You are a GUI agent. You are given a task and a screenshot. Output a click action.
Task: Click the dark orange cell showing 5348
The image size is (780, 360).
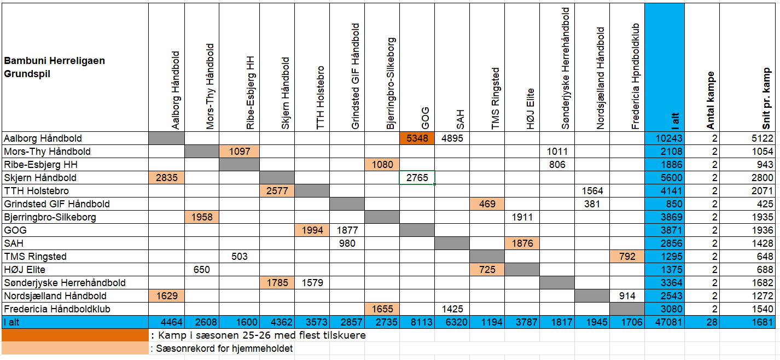(417, 138)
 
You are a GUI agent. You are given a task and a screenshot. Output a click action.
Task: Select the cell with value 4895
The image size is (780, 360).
(452, 138)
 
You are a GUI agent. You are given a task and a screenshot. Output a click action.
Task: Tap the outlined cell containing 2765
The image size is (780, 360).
(417, 178)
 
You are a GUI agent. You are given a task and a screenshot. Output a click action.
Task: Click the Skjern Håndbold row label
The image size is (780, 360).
(40, 178)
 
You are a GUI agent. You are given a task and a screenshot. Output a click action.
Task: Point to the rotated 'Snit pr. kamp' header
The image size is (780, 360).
(767, 98)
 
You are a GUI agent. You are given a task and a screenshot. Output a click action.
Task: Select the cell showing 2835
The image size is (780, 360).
(166, 178)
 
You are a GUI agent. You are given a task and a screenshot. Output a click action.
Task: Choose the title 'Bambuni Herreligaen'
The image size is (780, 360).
(54, 61)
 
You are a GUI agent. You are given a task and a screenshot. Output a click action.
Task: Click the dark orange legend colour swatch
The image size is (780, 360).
(75, 335)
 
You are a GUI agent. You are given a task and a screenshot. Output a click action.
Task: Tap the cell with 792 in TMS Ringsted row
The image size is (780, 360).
(627, 257)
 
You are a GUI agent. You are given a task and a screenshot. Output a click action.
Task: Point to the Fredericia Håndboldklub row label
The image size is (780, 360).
(57, 309)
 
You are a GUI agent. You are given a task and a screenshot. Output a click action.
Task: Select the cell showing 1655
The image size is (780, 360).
(382, 309)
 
